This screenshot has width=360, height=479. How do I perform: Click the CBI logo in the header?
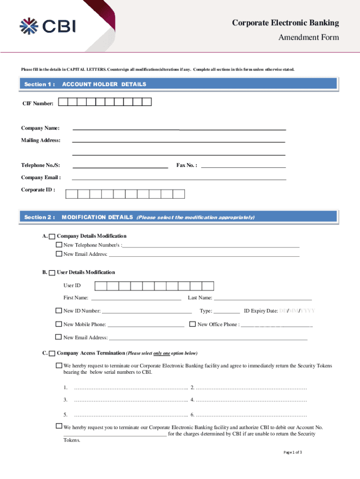[x=47, y=26]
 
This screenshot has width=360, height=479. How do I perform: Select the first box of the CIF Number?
[x=63, y=102]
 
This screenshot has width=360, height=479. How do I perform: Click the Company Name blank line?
[x=179, y=128]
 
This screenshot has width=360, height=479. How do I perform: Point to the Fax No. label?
[x=187, y=165]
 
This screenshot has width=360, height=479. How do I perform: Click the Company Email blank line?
[x=179, y=178]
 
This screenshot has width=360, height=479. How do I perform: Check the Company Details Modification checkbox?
[x=52, y=236]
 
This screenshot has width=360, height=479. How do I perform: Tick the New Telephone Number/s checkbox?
[x=59, y=245]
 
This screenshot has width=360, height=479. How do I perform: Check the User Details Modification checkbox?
[x=52, y=273]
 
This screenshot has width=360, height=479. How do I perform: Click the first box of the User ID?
[x=101, y=286]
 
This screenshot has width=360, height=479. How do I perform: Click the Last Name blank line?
[x=262, y=298]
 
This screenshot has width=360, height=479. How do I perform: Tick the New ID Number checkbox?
[x=59, y=311]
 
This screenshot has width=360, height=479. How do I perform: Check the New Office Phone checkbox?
[x=192, y=324]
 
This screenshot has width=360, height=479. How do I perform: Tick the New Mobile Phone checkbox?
[x=59, y=324]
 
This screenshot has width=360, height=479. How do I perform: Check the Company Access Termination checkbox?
[x=52, y=353]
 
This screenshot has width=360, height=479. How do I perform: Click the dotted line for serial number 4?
[x=252, y=400]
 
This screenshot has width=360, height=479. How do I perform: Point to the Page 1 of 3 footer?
[x=293, y=452]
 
